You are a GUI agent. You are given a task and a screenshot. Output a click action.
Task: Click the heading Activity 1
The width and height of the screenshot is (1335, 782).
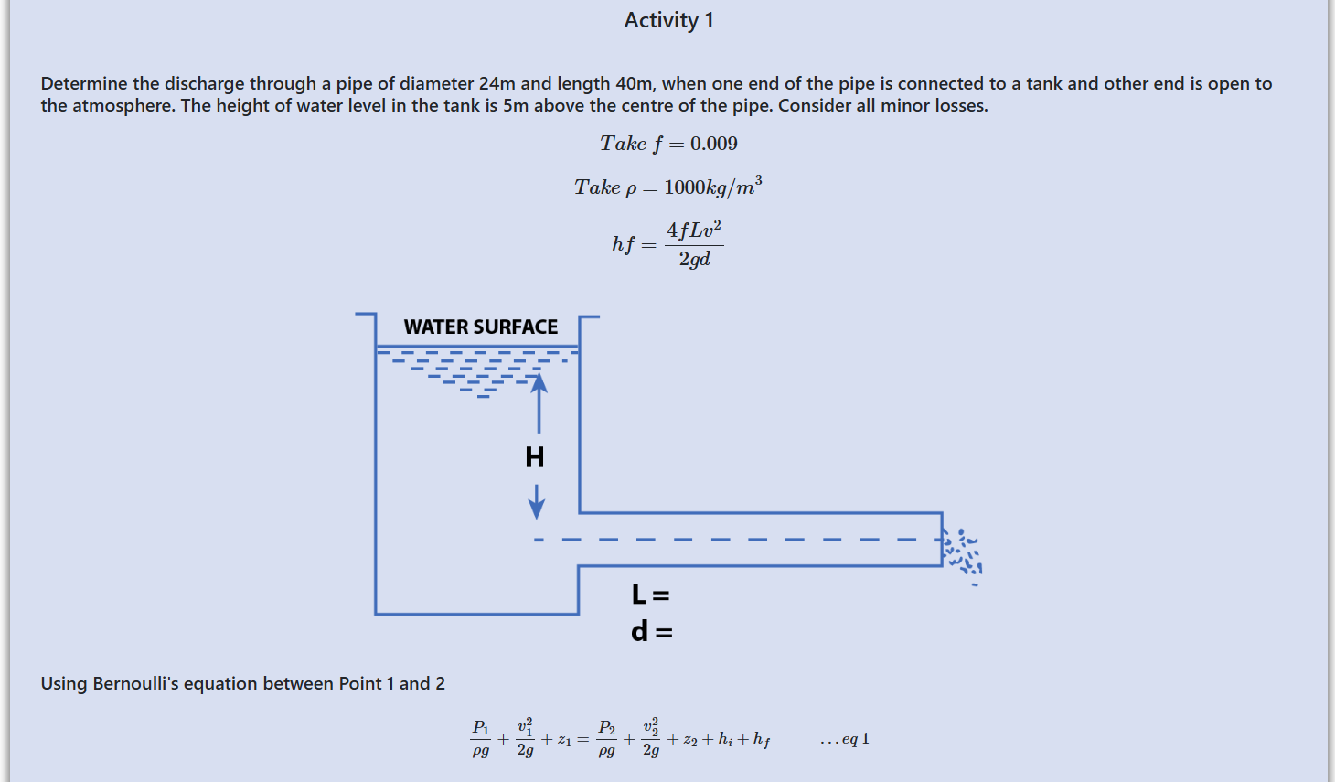668,20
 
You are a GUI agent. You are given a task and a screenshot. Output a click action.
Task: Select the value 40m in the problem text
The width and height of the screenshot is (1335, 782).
634,83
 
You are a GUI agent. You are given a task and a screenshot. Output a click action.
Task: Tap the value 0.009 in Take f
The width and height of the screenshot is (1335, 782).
713,144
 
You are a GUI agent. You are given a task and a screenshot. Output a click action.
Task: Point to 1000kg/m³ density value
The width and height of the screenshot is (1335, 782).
712,187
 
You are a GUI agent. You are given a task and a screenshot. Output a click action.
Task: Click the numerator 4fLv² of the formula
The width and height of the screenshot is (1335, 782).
693,230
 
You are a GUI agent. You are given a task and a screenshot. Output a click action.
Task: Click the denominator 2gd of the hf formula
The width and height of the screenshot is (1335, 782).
694,260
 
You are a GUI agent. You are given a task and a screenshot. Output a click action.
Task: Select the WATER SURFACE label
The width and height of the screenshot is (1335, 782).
480,327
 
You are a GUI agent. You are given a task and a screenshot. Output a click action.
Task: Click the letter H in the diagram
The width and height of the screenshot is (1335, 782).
535,456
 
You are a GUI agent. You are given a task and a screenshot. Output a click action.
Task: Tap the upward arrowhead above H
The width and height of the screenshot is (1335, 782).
539,382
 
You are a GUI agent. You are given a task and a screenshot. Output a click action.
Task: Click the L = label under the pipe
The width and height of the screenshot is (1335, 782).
650,595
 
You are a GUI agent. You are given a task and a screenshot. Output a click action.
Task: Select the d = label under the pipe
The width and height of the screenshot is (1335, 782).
651,631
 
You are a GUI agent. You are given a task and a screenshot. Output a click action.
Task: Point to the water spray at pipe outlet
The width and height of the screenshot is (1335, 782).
963,554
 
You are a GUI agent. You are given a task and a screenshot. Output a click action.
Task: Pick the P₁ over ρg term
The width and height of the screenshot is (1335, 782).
480,739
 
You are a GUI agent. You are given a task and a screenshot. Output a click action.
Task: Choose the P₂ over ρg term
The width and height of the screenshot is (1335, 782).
606,739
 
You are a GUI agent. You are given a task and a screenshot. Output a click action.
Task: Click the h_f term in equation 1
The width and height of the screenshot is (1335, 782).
761,740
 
